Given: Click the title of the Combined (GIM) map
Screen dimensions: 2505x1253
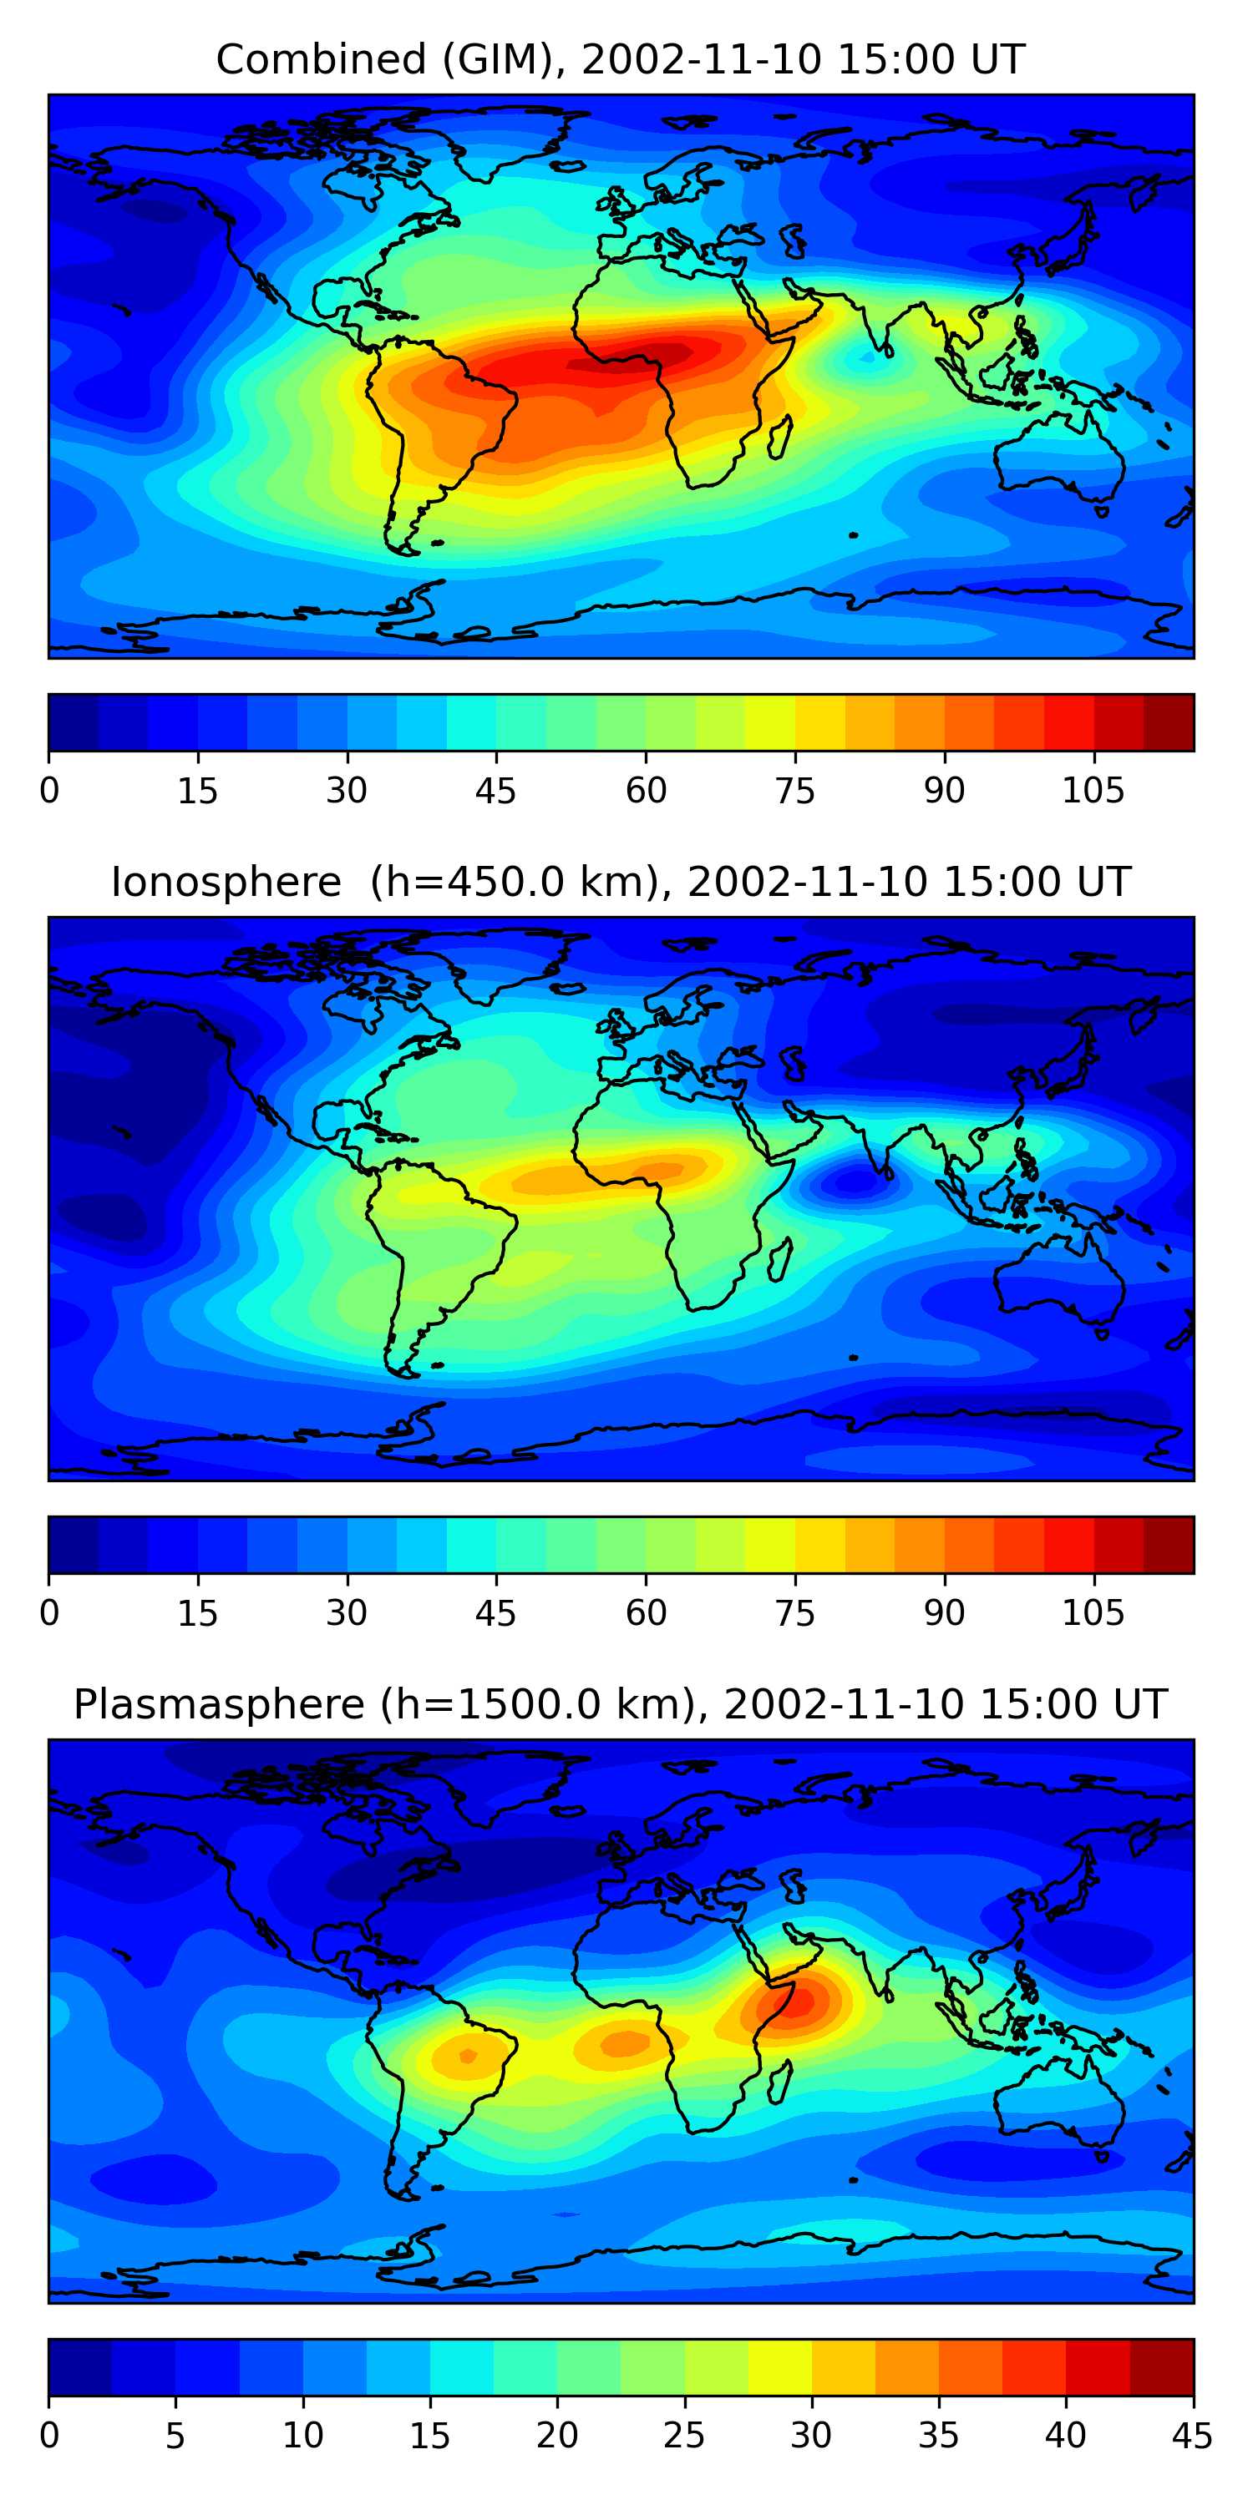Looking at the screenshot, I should point(620,59).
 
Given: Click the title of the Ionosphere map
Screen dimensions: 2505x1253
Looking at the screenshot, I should point(620,882).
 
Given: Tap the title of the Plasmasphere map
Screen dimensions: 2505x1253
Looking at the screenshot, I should point(620,1705).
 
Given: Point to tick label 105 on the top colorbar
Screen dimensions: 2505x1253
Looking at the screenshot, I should point(1093,791).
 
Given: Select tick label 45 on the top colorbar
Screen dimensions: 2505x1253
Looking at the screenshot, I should point(495,791).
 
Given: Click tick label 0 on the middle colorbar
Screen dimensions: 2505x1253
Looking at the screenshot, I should point(49,1613).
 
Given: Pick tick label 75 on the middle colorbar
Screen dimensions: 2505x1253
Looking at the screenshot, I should point(794,1613).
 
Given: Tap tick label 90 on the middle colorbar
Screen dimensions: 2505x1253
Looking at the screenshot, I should point(944,1613).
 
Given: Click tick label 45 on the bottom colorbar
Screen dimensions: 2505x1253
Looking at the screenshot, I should point(1192,2436).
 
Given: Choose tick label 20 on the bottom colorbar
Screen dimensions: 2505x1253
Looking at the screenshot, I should point(556,2436).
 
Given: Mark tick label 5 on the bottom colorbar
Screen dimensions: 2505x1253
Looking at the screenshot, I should point(175,2436).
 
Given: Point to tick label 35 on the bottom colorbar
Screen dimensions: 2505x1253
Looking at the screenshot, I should point(938,2436).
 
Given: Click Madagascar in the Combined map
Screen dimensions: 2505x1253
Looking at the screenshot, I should point(779,437).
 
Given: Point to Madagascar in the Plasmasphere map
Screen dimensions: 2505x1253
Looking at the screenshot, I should point(779,2081).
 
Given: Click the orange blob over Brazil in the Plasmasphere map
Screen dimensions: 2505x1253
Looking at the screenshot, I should point(468,2055).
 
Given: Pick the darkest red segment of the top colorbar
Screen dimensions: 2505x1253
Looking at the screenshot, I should point(1168,722).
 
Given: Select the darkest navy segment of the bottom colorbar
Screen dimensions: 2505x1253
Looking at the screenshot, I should point(79,2368).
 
